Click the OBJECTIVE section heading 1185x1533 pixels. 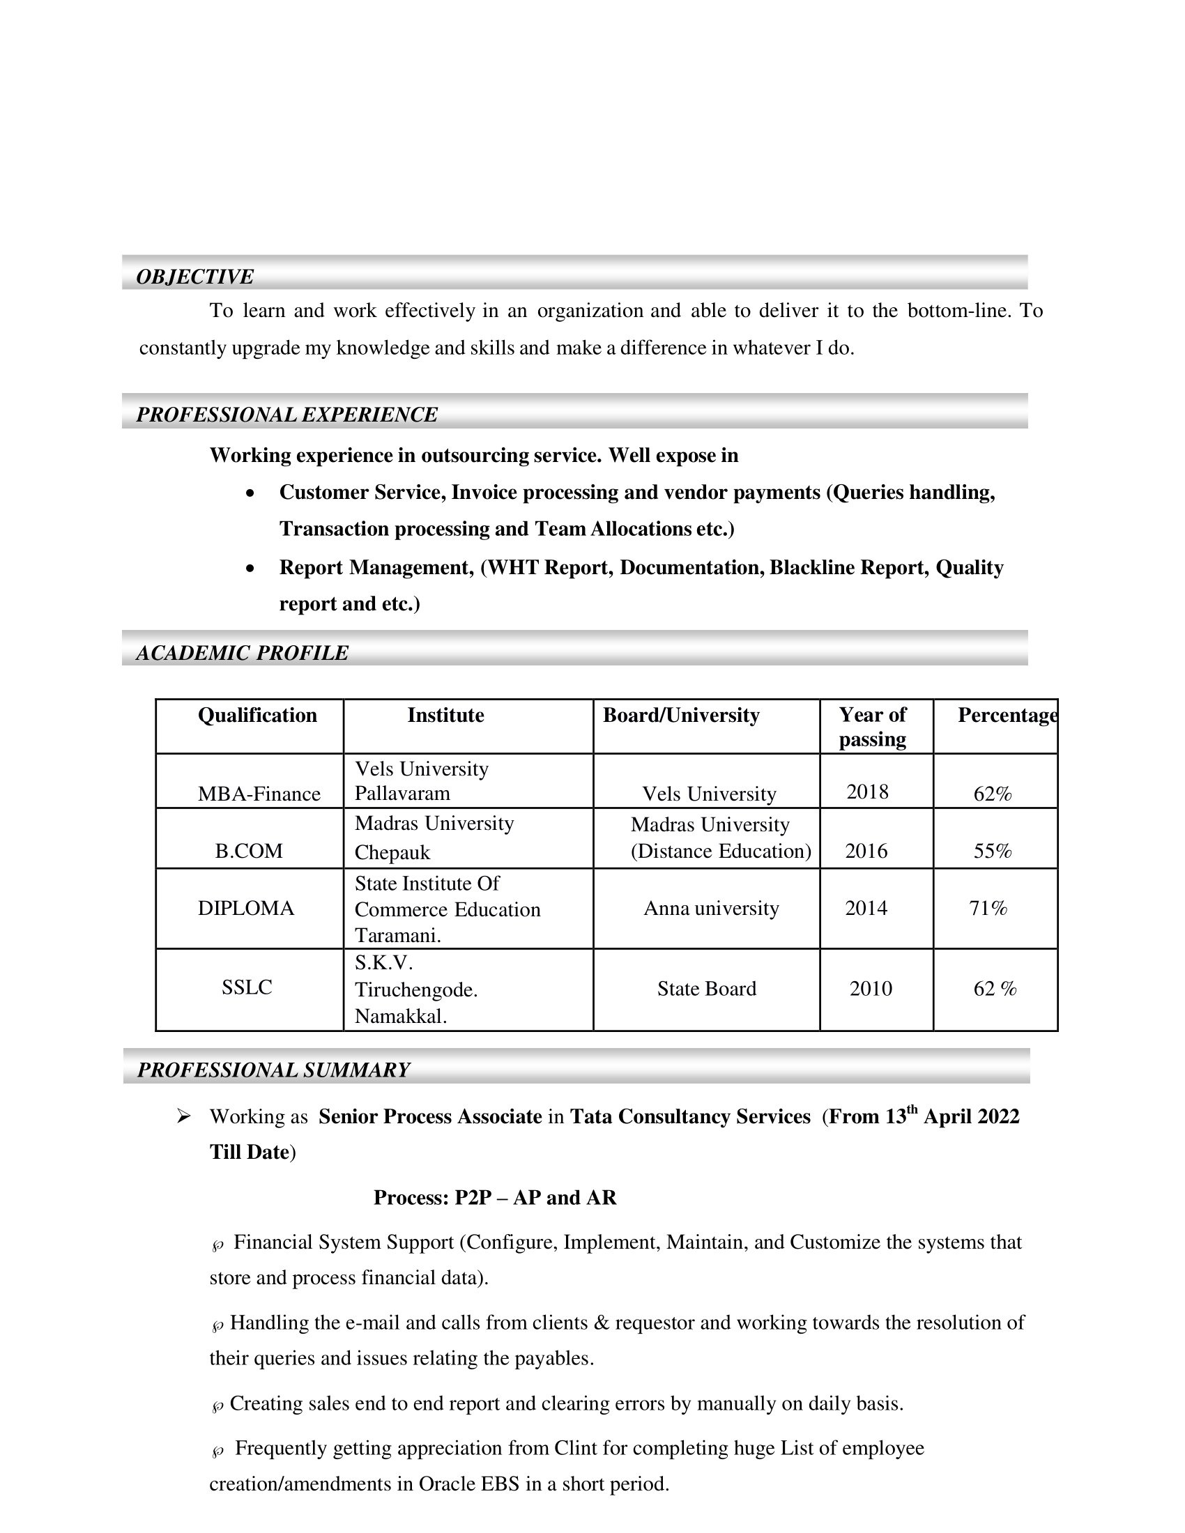[194, 277]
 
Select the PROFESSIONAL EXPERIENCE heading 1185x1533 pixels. [286, 415]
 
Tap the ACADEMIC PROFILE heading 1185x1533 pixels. [242, 653]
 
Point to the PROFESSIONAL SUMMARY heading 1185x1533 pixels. [273, 1070]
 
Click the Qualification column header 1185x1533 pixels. [257, 715]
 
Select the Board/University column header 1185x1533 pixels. [681, 715]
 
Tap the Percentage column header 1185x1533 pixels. [1007, 715]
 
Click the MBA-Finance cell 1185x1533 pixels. [259, 794]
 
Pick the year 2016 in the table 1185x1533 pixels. [866, 851]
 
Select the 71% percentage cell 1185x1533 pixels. [988, 908]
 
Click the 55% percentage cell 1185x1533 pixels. [992, 851]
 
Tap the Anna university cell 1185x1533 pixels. [711, 908]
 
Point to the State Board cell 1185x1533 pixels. [706, 989]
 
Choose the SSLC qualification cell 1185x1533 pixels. [246, 987]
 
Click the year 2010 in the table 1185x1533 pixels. [871, 989]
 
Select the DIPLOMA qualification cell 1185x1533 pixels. [245, 908]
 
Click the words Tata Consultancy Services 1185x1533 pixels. [690, 1117]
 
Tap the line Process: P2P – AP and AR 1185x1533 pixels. [495, 1197]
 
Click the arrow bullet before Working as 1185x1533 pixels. [184, 1116]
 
